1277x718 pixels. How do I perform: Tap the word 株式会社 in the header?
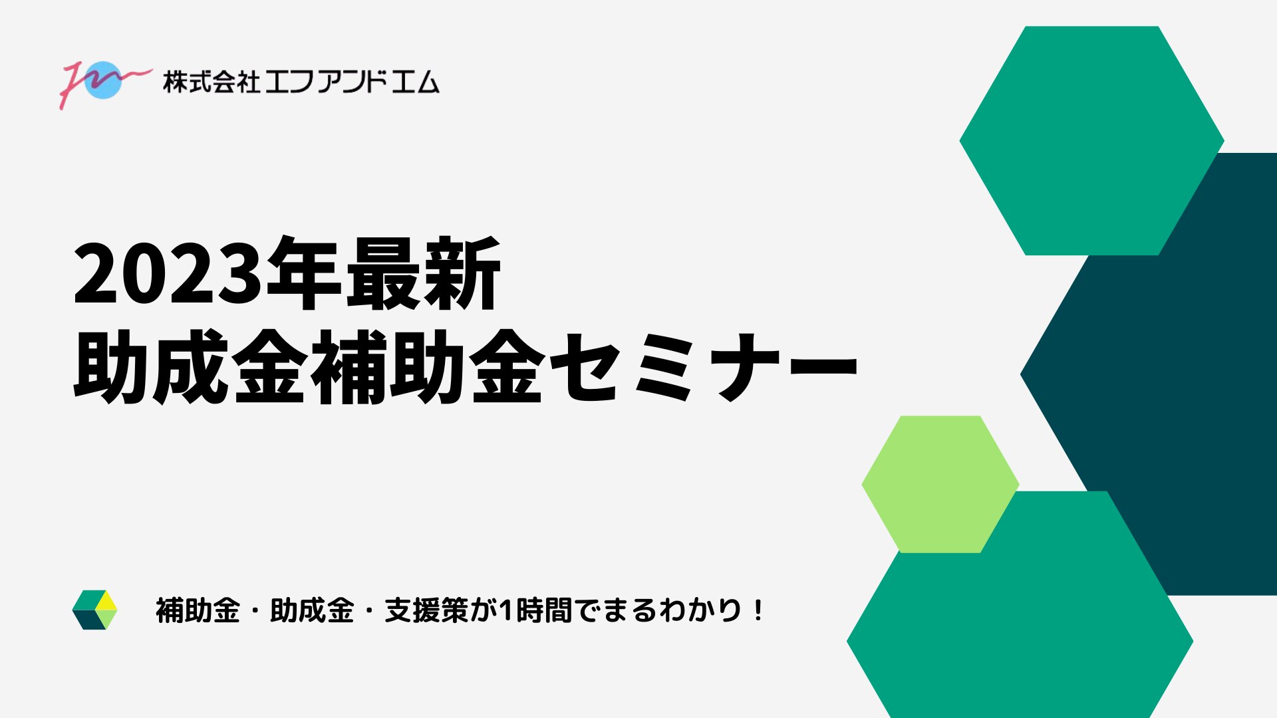click(x=212, y=82)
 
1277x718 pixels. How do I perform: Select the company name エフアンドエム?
click(x=353, y=82)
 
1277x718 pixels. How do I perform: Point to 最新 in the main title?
click(x=424, y=273)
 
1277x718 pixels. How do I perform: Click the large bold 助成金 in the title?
click(x=190, y=366)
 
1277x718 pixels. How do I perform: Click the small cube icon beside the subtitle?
click(x=94, y=610)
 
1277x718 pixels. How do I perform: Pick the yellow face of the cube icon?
click(x=106, y=601)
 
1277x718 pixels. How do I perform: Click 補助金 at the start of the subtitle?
click(x=198, y=610)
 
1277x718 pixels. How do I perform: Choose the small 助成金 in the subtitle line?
click(x=312, y=610)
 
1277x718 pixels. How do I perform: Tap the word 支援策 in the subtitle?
click(x=426, y=610)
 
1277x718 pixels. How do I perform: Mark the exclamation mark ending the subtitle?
click(x=759, y=610)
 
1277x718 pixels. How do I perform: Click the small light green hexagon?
click(x=940, y=485)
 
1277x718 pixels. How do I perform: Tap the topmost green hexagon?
click(x=1091, y=141)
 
